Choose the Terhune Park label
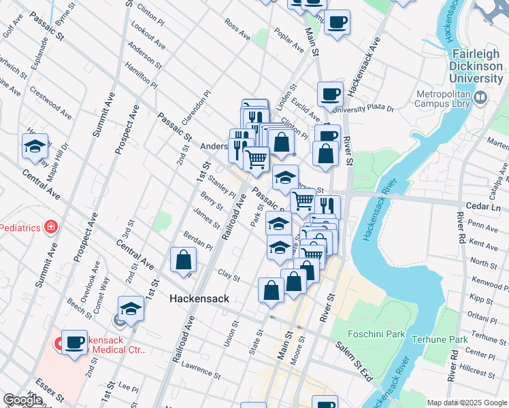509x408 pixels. (445, 339)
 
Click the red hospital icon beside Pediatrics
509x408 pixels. (49, 226)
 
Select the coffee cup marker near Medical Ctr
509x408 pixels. (74, 343)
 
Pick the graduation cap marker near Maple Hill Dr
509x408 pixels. (35, 147)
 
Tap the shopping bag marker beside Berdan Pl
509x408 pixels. (184, 260)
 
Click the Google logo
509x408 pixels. (22, 401)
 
